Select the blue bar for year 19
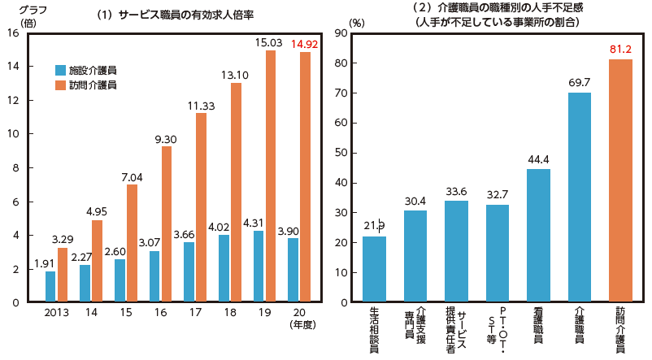point(259,267)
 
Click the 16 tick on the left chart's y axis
point(12,33)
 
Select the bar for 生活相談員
point(374,269)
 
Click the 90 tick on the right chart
point(344,33)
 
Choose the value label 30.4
point(415,199)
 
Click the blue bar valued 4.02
point(224,269)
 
